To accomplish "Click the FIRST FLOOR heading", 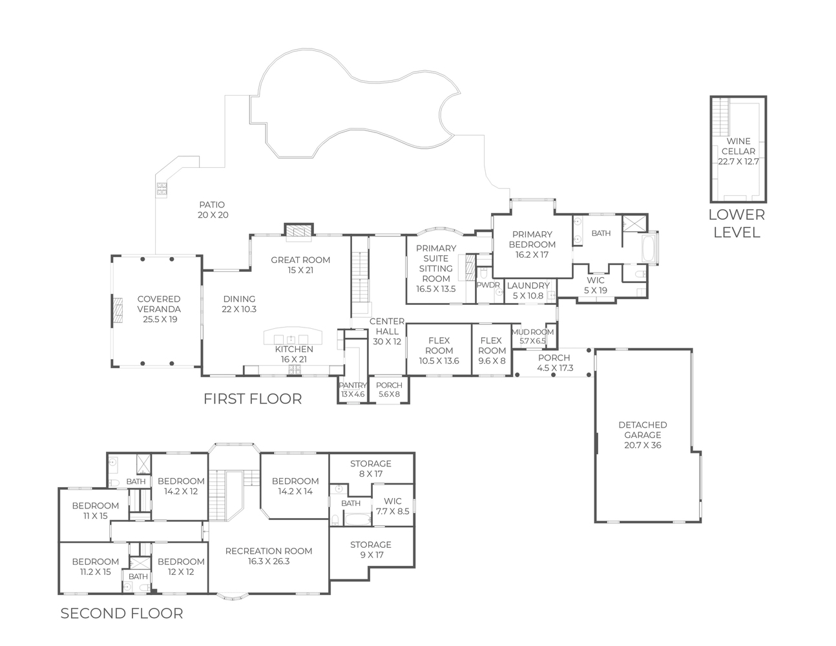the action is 253,399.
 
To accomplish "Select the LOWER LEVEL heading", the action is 737,224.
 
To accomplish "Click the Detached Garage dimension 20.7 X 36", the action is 642,445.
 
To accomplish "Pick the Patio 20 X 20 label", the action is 213,209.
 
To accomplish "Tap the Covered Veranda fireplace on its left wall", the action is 118,309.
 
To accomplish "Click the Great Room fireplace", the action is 299,231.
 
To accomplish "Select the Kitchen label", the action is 294,349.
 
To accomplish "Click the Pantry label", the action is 353,385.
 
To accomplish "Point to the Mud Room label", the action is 532,332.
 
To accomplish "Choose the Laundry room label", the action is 528,286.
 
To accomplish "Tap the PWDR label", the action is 488,285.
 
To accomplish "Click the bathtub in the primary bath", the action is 649,249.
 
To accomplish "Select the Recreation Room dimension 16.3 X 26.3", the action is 269,561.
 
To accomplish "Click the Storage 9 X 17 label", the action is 370,550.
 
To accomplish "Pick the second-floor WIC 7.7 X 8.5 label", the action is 392,506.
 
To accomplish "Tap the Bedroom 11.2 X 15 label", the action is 96,567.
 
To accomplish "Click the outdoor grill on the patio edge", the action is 162,189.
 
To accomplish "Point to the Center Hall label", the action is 386,331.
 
